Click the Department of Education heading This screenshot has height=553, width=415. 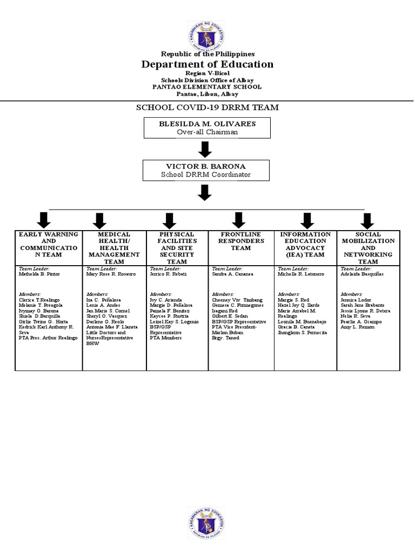coord(207,65)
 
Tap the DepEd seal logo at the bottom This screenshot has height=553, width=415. coord(207,522)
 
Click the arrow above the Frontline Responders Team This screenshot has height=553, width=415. coord(238,220)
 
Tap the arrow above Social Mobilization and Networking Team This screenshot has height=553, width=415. coord(367,220)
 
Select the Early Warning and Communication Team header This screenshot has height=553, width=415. coord(49,248)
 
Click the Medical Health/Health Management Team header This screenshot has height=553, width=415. coord(114,248)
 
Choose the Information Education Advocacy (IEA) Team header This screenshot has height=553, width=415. coord(305,245)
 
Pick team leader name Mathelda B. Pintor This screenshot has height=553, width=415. coord(39,274)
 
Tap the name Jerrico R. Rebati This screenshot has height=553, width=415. coord(168,274)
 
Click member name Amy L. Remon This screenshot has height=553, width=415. coord(358,327)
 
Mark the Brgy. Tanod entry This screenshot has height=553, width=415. coord(226,338)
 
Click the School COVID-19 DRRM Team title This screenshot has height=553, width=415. coord(207,107)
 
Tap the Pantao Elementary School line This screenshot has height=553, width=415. coord(207,87)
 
